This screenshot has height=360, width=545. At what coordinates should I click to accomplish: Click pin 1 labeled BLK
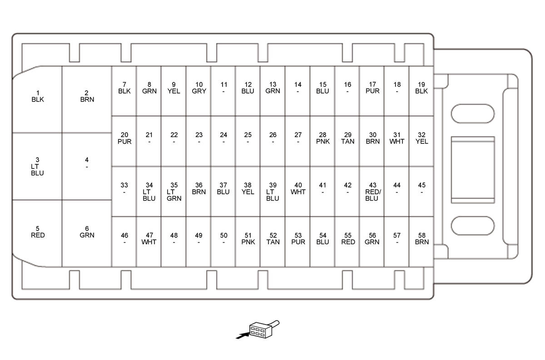38,96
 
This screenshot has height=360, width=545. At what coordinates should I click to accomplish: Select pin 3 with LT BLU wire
37,166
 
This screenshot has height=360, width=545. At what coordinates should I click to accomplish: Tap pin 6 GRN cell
87,232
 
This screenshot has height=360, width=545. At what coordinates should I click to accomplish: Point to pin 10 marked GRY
199,88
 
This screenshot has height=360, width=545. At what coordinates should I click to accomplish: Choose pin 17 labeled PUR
372,88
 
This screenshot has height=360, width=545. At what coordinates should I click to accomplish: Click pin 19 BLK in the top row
421,88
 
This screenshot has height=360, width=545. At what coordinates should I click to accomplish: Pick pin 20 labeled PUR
124,138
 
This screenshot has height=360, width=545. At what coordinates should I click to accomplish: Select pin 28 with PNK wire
322,138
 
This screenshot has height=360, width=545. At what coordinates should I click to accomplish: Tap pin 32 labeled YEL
421,138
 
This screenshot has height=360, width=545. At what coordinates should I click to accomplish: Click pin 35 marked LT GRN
174,192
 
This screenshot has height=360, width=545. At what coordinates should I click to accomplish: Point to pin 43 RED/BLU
372,192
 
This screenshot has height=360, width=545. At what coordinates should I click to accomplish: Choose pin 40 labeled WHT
298,189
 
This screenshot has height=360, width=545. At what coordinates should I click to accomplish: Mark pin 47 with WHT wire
149,239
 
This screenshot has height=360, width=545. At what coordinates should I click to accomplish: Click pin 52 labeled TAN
273,239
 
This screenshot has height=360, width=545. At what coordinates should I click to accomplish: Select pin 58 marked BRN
421,239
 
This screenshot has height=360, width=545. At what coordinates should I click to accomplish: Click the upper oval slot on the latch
472,113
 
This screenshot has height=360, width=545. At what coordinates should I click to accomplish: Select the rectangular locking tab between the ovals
472,169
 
